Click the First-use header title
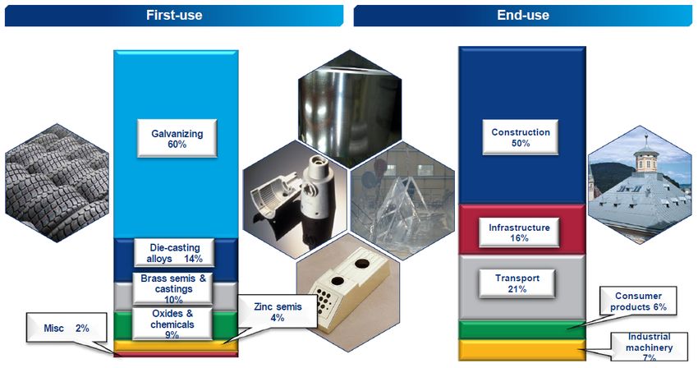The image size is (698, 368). coord(174,15)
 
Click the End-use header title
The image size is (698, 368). coord(523,15)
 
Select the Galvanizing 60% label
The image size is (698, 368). coord(177,137)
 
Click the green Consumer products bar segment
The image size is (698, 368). coord(521,329)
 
